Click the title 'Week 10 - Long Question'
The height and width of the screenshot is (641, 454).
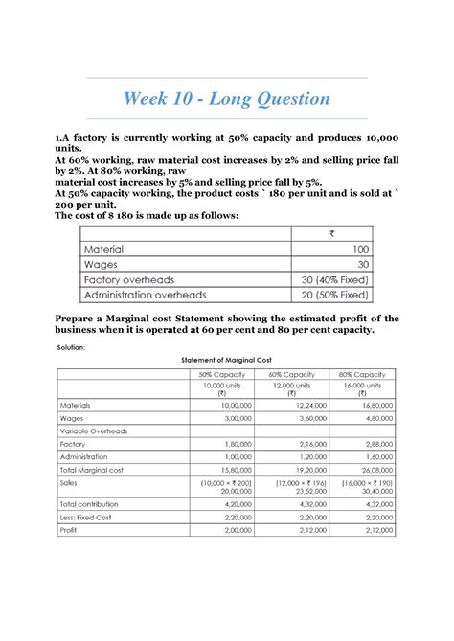pos(226,99)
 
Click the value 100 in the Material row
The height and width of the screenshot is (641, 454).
pos(359,249)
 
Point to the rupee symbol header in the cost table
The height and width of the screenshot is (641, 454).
pos(330,232)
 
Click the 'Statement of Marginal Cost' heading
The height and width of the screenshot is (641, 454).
pos(226,360)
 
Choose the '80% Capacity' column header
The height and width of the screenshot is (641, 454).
pos(362,374)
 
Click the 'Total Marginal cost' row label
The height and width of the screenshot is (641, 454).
pos(94,471)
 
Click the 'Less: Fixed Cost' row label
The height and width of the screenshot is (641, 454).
pos(88,516)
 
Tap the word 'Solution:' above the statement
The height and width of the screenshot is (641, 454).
pos(73,347)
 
